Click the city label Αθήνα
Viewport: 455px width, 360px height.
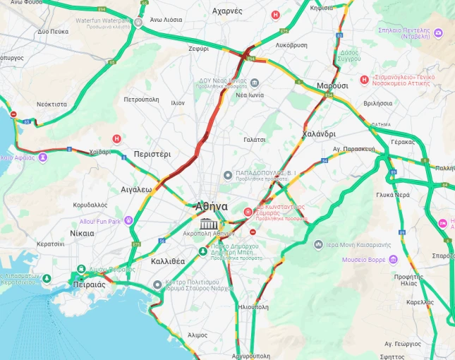212,207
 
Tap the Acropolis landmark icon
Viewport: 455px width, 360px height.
207,224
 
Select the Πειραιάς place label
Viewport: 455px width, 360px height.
88,284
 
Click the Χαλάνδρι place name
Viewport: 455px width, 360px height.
319,134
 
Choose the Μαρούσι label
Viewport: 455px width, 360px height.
332,85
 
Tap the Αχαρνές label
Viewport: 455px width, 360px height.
227,11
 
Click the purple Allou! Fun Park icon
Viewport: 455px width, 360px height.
128,220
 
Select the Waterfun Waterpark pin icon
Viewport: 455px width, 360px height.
138,22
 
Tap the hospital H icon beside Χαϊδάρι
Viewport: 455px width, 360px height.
117,139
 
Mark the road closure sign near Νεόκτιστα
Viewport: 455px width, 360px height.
13,114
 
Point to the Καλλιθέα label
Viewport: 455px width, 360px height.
168,261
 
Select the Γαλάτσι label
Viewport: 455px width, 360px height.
254,140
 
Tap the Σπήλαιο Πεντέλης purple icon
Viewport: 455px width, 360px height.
438,32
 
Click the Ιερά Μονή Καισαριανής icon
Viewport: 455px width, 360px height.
318,244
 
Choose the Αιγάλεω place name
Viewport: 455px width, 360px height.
136,189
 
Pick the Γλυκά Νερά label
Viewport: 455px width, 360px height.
394,194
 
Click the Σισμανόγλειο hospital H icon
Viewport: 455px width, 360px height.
364,80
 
